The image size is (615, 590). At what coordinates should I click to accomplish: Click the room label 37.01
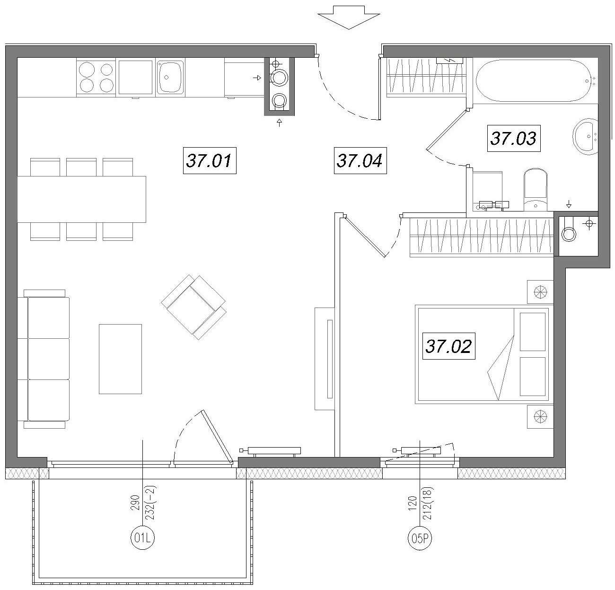coord(210,160)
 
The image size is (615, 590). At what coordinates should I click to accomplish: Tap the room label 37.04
coord(360,160)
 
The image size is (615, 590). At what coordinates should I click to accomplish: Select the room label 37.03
coord(514,139)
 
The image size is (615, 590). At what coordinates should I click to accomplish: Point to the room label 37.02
coord(449,346)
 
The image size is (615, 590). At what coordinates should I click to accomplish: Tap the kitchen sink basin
coord(171,77)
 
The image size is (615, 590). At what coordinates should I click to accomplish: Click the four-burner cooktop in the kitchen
coord(96,77)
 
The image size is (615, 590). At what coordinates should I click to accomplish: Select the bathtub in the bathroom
coord(534,80)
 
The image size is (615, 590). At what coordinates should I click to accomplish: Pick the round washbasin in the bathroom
coord(585,137)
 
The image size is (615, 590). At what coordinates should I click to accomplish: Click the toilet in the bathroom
coord(536,190)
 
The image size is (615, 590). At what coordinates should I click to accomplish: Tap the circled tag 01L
coord(142,537)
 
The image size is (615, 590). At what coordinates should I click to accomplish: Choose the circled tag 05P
coord(420,537)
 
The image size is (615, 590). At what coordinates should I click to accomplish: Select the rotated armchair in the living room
coord(194,307)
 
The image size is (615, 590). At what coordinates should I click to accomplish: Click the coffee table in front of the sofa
coord(121,359)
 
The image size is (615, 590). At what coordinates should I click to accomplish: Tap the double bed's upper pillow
coord(533,332)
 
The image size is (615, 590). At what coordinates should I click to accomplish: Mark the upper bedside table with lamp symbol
coord(540,291)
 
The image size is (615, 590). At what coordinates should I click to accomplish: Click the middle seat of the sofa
coord(48,359)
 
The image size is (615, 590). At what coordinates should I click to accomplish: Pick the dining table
coord(81,199)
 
